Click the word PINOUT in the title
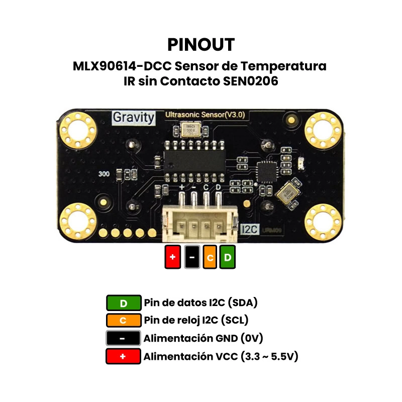click(x=201, y=44)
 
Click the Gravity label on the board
click(x=133, y=117)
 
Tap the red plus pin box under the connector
click(x=172, y=257)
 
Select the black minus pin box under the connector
click(x=192, y=257)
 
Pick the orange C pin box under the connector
click(x=210, y=257)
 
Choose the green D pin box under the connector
click(x=228, y=257)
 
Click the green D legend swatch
click(x=123, y=303)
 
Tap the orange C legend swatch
click(x=123, y=320)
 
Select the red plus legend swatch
click(x=123, y=356)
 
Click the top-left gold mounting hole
click(x=77, y=131)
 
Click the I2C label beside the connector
click(x=249, y=229)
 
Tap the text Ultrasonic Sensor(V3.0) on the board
click(x=205, y=115)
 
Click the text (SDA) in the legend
click(x=242, y=303)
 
